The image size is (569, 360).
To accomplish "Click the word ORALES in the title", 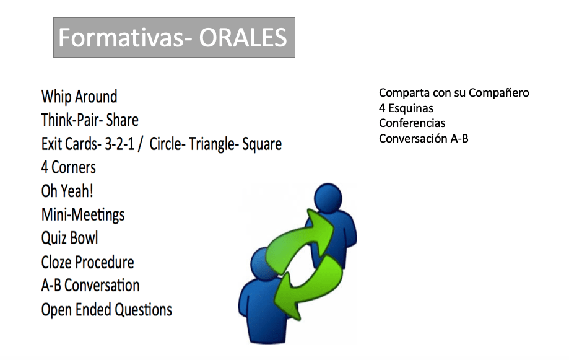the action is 243,38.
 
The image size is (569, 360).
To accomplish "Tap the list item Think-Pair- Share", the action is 90,120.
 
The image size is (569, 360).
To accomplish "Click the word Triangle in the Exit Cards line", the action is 211,144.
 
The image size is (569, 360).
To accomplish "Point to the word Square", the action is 262,144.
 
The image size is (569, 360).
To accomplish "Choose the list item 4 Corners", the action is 69,167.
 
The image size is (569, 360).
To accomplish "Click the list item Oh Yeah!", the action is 67,191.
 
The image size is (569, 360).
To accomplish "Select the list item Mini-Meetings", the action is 83,214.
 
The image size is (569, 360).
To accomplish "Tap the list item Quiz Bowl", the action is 70,239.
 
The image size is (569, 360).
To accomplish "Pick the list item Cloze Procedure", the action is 87,262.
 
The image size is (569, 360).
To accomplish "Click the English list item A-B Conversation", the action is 90,286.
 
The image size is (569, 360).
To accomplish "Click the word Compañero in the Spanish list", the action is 498,93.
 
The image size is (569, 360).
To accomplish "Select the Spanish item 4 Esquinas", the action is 406,108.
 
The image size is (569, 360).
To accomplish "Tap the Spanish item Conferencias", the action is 412,123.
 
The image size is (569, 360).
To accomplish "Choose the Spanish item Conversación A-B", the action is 423,138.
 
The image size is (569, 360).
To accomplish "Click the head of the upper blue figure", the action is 328,197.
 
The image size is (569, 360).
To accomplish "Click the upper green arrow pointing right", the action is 300,238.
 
